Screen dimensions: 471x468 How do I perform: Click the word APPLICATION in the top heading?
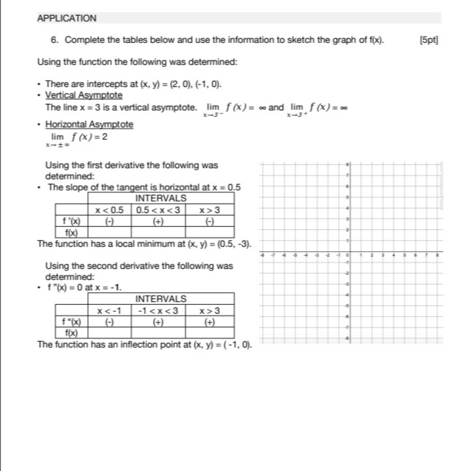click(x=66, y=18)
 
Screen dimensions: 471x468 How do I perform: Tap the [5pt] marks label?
click(x=430, y=40)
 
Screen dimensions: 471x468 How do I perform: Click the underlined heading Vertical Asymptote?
click(x=84, y=95)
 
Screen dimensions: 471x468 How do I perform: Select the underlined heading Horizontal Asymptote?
click(x=89, y=124)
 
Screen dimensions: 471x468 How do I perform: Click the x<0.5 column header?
click(x=109, y=210)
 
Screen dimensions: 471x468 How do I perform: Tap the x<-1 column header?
click(x=109, y=311)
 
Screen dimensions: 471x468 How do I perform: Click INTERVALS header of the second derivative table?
click(x=161, y=299)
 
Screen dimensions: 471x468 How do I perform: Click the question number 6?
click(x=55, y=40)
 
